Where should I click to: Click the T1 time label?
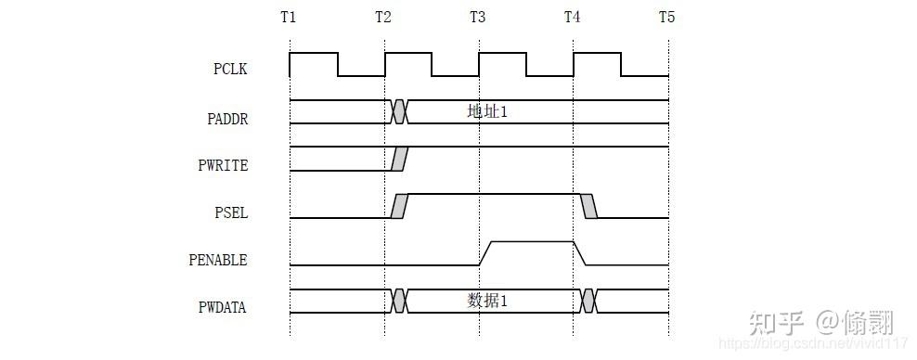[x=290, y=18]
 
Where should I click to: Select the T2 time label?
[x=383, y=18]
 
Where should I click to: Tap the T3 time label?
[x=478, y=18]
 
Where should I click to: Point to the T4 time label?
[x=573, y=18]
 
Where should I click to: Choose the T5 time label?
[x=666, y=18]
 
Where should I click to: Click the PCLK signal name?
[x=231, y=69]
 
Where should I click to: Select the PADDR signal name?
[x=227, y=118]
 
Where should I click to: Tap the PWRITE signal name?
[x=223, y=165]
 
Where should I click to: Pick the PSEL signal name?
[x=231, y=212]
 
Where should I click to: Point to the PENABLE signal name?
[x=218, y=260]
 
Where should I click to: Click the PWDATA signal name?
[x=223, y=306]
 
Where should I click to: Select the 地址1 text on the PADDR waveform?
[x=487, y=111]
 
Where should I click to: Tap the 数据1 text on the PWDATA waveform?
[x=487, y=301]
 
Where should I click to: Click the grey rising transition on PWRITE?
[x=399, y=159]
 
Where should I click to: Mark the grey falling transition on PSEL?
[x=589, y=206]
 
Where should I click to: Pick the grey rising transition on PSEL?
[x=399, y=206]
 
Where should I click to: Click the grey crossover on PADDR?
[x=399, y=111]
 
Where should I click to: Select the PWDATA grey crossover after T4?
[x=588, y=301]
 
